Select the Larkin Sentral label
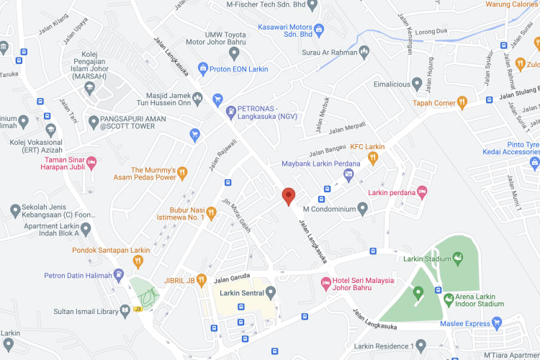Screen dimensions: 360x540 point(243,293)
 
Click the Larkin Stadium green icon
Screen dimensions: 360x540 point(456,258)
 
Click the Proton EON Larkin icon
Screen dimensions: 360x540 point(204,69)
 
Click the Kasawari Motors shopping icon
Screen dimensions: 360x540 point(319,28)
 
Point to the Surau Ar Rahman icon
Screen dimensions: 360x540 point(364,51)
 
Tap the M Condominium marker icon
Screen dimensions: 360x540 point(363,209)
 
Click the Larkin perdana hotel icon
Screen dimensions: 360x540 point(422,192)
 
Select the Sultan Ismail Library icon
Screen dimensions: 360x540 point(125,311)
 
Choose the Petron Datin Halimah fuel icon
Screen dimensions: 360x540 point(119,274)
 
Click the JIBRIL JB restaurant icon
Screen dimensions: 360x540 point(202,280)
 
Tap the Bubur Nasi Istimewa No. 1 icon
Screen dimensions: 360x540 point(212,214)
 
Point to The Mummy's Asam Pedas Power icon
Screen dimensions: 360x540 point(183,173)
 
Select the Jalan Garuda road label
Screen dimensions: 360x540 point(231,278)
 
